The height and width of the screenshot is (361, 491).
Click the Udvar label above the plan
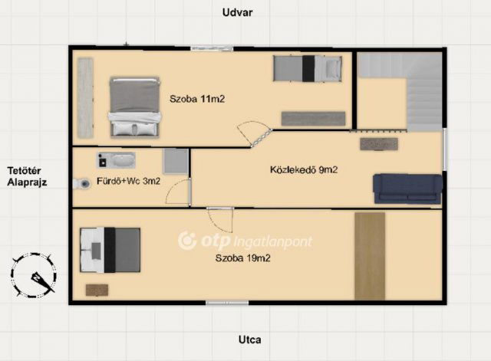[x=237, y=12]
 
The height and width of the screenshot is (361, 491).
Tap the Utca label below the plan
[x=249, y=340]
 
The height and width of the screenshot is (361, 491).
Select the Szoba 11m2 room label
[x=197, y=99]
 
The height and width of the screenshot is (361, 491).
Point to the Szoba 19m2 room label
[x=242, y=258]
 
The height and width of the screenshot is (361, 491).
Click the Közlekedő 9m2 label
[x=304, y=169]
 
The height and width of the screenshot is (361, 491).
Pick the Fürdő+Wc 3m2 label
[x=128, y=181]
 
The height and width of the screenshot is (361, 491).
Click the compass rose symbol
[x=34, y=275]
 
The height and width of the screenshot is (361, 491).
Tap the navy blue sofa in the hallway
[x=407, y=189]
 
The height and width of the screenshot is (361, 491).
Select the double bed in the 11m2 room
[x=134, y=107]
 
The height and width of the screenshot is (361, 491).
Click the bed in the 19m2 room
[x=110, y=250]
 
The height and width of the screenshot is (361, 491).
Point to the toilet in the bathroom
[x=81, y=184]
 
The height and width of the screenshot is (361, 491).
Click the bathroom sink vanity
[x=116, y=160]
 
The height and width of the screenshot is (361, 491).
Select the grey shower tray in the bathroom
[x=176, y=161]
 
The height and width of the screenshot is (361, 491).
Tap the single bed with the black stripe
[x=307, y=68]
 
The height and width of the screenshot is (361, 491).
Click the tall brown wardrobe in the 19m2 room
[x=370, y=256]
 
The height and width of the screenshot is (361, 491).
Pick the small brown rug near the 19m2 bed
[x=97, y=290]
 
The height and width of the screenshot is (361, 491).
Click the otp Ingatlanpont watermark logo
[x=245, y=241]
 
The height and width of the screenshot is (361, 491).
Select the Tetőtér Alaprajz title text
[x=27, y=176]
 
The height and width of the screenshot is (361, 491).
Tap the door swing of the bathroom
[x=177, y=192]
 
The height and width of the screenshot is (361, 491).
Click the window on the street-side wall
[x=227, y=303]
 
